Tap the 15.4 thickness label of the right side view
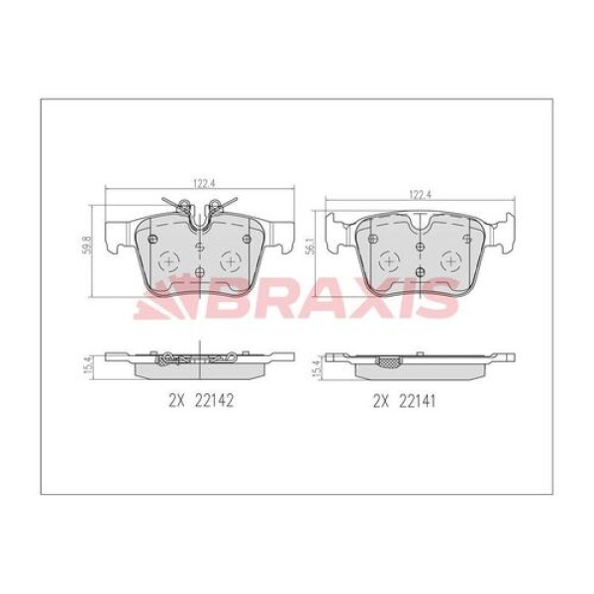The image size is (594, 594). [x=316, y=367]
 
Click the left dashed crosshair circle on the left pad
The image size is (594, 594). [x=167, y=262]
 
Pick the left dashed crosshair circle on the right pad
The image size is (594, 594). [x=389, y=262]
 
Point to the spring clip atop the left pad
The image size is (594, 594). [x=200, y=209]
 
